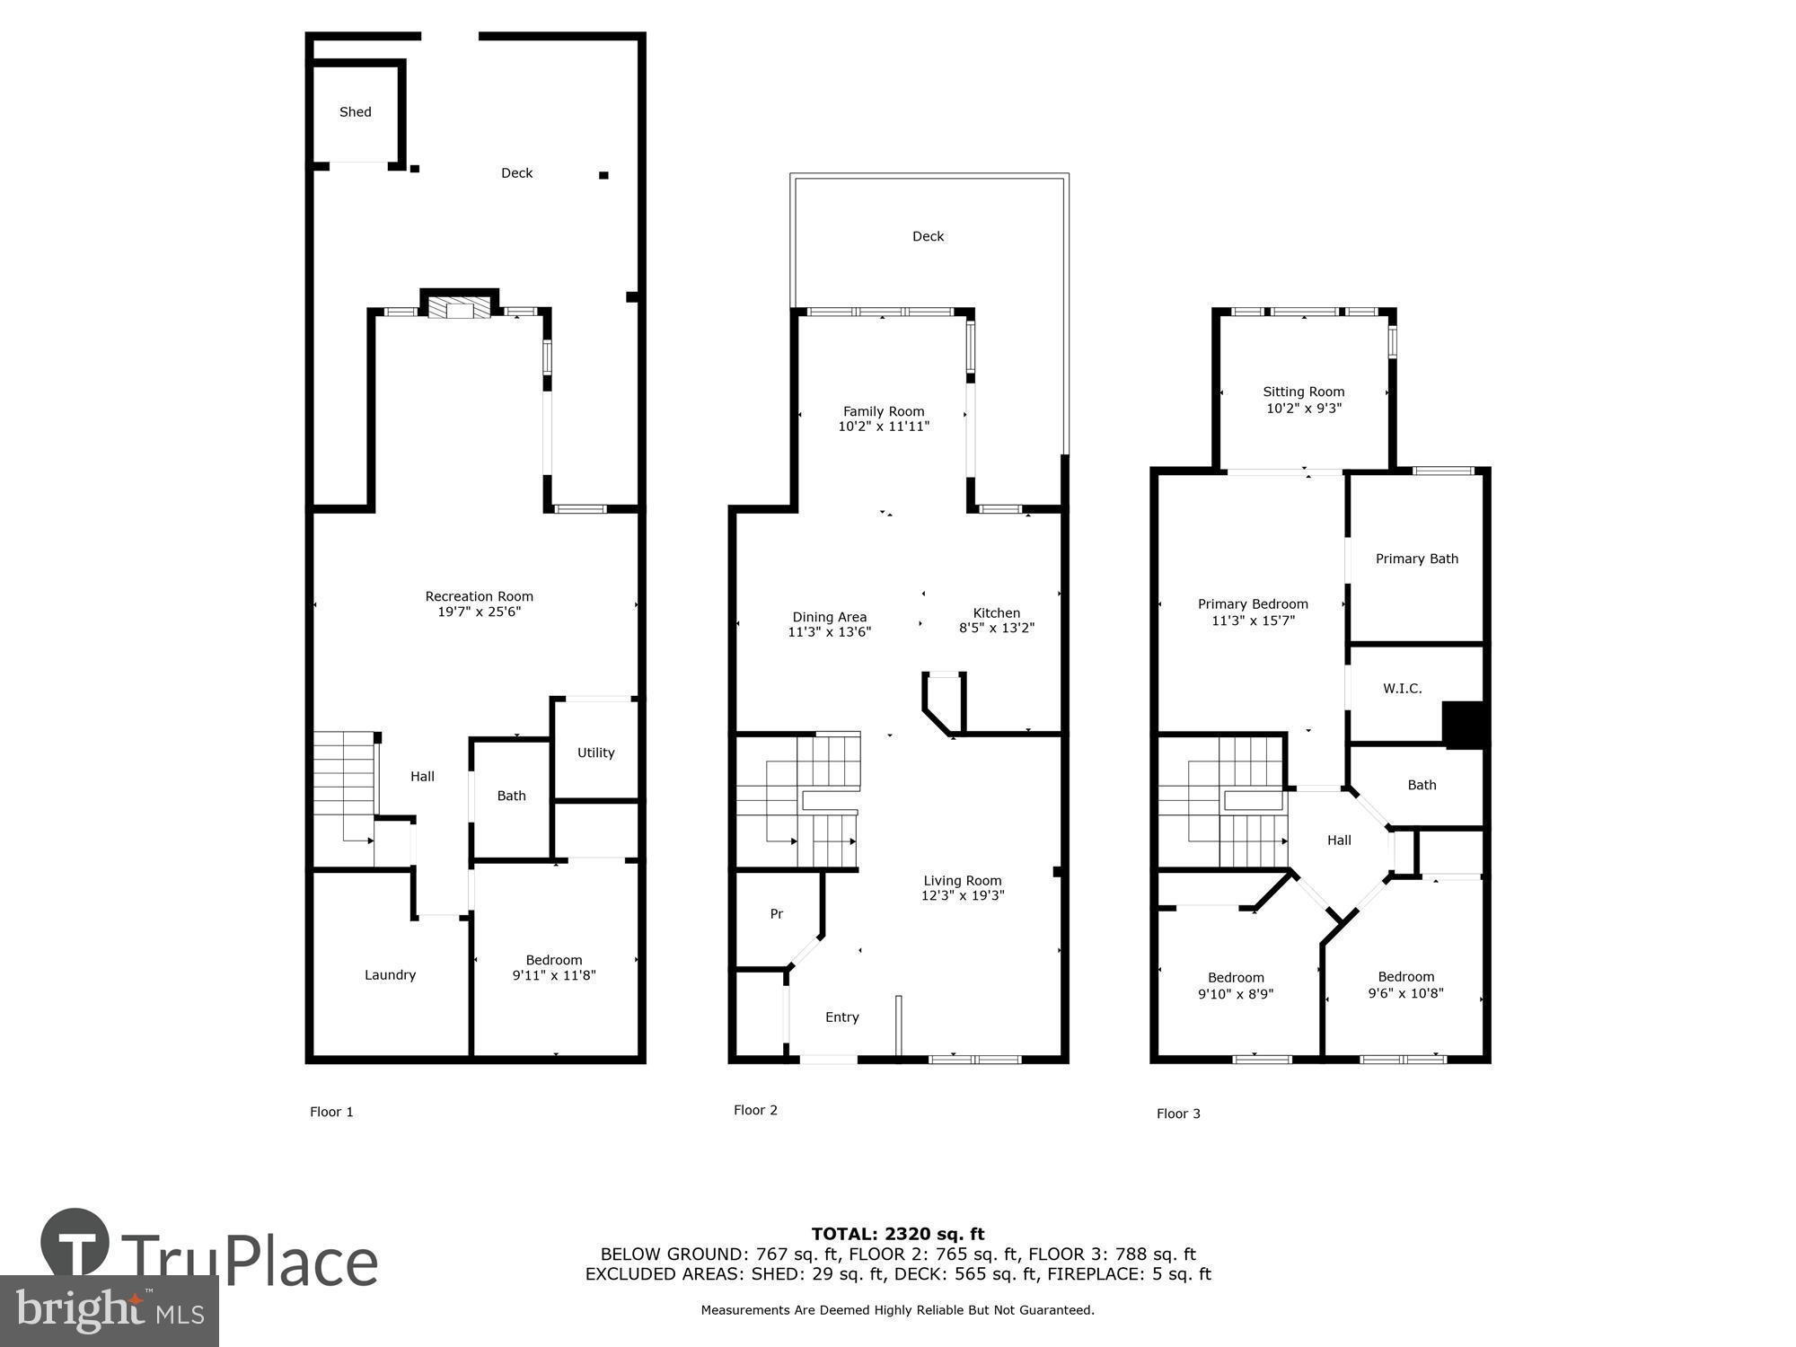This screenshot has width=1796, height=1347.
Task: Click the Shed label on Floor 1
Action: pos(355,112)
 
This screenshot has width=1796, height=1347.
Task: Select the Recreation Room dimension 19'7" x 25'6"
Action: pos(479,612)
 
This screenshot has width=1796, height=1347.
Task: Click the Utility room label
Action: pos(595,753)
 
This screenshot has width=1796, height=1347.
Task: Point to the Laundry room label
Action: pos(390,975)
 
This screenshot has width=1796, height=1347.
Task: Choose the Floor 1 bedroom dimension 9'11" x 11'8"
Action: pos(554,976)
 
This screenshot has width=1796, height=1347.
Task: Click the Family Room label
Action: pos(884,411)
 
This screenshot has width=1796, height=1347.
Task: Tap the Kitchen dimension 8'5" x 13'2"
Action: pos(996,629)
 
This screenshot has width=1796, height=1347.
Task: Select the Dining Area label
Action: pos(829,617)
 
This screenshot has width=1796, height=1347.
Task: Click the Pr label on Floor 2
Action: pos(777,914)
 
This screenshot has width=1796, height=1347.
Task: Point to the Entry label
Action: pos(842,1017)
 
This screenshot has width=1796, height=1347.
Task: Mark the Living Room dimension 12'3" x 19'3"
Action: pos(963,896)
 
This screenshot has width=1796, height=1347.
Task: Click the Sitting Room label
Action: pos(1303,392)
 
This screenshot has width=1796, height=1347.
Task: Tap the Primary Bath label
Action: pos(1417,559)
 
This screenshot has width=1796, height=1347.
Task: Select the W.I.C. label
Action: pos(1402,689)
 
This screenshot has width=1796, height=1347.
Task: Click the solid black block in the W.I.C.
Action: pos(1464,725)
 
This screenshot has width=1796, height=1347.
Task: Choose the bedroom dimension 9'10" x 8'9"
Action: pos(1236,994)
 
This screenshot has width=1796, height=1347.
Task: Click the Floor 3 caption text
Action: pos(1178,1114)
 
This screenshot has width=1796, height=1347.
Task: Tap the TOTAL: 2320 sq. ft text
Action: pos(898,1234)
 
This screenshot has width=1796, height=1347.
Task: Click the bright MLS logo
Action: pos(109,1311)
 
